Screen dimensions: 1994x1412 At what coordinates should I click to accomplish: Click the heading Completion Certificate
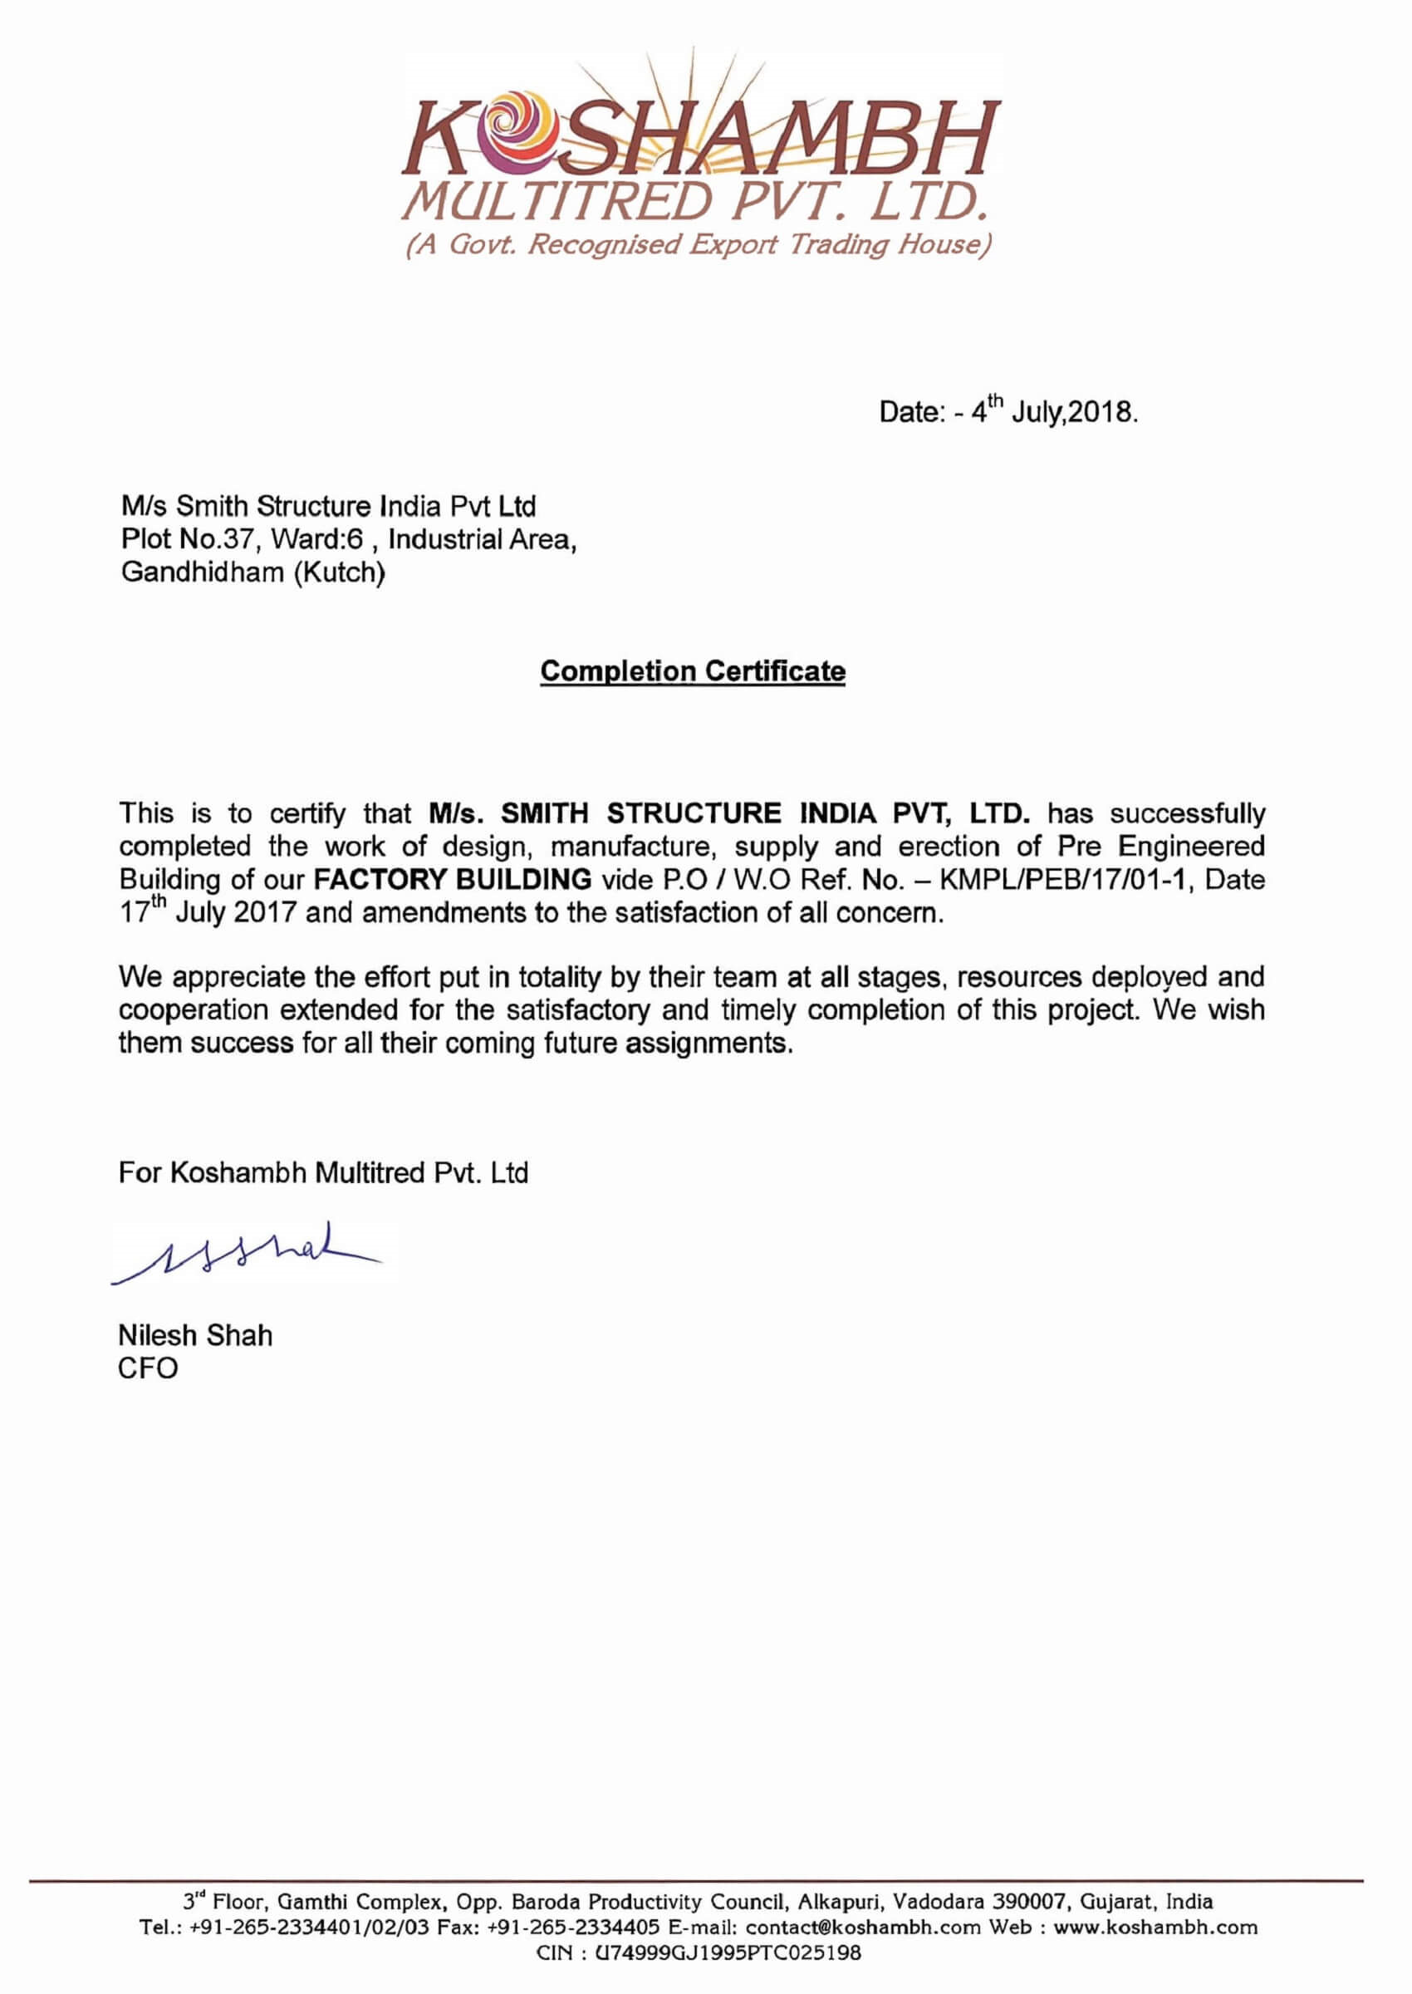692,671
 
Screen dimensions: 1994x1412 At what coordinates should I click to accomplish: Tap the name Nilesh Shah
194,1335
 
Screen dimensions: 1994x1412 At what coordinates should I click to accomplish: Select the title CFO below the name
148,1368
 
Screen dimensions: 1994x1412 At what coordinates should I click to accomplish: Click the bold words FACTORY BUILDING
452,879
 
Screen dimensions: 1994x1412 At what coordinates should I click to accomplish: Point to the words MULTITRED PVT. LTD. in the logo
695,202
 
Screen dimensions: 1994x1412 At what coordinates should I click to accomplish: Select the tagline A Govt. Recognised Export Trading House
699,244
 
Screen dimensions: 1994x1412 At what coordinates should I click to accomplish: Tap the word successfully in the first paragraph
1187,814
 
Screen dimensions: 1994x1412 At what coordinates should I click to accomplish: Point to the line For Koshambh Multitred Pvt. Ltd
323,1172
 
